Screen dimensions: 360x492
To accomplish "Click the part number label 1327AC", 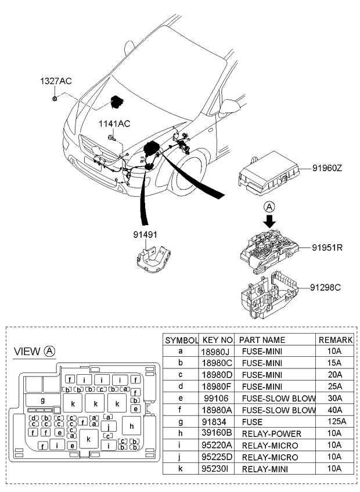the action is (56, 81).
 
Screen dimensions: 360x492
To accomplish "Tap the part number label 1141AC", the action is (114, 124).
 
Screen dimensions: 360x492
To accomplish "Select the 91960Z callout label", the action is (327, 168).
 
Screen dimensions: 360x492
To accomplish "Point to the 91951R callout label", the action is (327, 248).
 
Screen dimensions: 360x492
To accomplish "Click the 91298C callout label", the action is (325, 287).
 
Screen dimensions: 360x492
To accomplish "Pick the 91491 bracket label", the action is (145, 235).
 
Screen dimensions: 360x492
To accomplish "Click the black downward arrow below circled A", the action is (269, 221).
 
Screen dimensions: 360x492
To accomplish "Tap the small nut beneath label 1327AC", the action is (55, 99).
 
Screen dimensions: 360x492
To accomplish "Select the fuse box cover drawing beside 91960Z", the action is (267, 173).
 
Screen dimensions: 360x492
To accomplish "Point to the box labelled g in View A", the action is (43, 400).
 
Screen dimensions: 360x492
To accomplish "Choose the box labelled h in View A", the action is (132, 426).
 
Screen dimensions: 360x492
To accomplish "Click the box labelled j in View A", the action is (109, 426).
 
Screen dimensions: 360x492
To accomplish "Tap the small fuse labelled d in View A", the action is (34, 418).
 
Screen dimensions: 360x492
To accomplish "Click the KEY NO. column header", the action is (217, 340).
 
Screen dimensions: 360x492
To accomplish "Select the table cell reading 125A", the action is (336, 421).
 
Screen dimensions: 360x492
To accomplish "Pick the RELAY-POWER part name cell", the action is (271, 433).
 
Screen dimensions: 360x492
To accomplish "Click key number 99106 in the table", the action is (216, 398).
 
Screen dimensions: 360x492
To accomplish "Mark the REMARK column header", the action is (336, 340).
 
